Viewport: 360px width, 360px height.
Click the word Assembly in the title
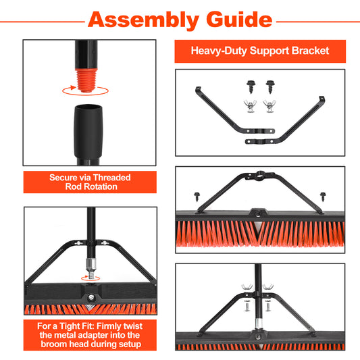tap(143, 20)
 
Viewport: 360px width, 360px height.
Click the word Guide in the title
tap(239, 20)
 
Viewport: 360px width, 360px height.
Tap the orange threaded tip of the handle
tap(86, 80)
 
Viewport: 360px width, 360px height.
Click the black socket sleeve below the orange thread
tap(88, 131)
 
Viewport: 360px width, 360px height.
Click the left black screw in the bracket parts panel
tap(251, 86)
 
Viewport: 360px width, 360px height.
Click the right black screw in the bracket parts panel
tap(270, 86)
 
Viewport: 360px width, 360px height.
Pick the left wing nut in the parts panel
tap(250, 106)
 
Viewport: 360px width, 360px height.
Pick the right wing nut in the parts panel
tap(269, 106)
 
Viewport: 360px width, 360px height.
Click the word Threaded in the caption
tap(112, 178)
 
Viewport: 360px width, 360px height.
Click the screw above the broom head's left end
tap(197, 197)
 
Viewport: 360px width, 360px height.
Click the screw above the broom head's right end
tap(323, 197)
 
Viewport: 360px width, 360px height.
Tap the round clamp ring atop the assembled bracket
tap(259, 176)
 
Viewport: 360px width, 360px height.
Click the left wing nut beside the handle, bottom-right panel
tap(247, 287)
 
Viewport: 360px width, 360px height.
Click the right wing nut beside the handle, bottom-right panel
tap(268, 287)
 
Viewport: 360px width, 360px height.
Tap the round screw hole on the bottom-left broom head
tap(91, 298)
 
